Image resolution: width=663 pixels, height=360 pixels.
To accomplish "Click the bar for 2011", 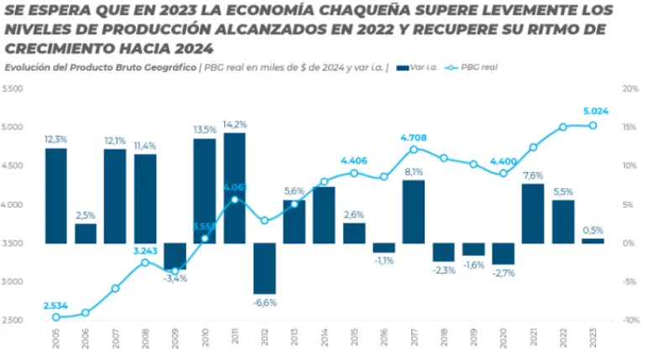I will coord(234,188).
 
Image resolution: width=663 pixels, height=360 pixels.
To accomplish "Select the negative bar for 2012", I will coord(264,269).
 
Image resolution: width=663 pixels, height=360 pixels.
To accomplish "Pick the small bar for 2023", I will coord(593,241).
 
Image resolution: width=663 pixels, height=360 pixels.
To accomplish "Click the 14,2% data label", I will coord(235,124).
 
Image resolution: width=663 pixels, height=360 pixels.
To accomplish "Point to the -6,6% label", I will coord(265,302).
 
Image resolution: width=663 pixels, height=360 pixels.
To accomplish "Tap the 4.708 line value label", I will coord(414,137).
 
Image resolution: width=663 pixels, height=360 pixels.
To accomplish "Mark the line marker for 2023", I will coord(593,125).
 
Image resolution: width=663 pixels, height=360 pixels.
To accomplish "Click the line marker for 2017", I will coord(414,149).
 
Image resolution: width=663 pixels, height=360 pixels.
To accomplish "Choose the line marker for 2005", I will coord(55,317).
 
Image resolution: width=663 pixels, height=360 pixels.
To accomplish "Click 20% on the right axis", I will coord(631,88).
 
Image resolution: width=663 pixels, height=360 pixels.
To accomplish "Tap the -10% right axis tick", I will coord(630,321).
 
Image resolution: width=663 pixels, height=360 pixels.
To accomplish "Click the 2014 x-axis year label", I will coord(325,339).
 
